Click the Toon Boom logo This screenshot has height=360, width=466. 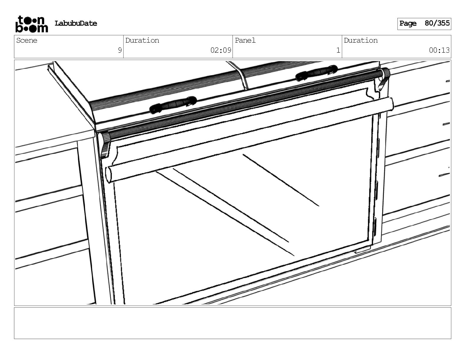coord(31,24)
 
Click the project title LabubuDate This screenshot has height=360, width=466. coord(76,24)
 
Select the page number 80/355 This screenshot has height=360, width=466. coord(437,23)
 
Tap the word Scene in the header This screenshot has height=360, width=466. coord(27,41)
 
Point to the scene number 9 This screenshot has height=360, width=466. coord(119,50)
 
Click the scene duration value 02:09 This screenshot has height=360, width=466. coord(221,50)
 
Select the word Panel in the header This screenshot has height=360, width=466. coord(245,41)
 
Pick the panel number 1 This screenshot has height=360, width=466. coord(338,50)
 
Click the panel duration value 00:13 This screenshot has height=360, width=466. coord(439,50)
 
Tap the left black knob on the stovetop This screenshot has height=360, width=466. coord(173,105)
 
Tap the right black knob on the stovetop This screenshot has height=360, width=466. coord(316,73)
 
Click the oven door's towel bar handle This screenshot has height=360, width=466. coord(250,140)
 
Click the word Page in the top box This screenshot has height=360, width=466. coord(408,23)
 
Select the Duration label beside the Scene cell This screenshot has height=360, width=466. coord(142,41)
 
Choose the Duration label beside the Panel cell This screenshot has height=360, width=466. coord(361,41)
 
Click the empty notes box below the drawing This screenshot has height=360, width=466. coord(232,323)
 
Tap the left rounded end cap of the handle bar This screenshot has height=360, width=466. coord(109,174)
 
